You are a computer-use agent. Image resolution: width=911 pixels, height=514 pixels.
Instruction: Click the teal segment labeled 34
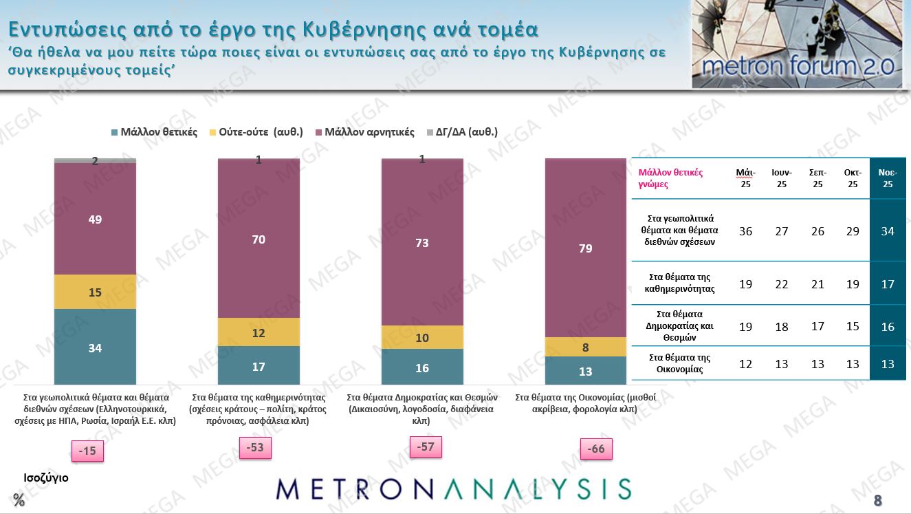point(95,347)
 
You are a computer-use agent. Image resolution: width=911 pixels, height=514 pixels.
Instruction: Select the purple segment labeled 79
point(586,248)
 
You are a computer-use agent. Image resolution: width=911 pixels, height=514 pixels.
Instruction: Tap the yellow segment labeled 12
point(259,332)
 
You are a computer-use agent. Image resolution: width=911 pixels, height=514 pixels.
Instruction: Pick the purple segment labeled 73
point(422,242)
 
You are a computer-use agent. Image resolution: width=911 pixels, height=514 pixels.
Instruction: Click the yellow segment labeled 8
point(586,347)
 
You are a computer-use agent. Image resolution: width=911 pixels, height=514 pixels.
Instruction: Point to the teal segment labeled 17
point(259,365)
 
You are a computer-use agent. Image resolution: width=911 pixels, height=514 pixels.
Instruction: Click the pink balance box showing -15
point(87,451)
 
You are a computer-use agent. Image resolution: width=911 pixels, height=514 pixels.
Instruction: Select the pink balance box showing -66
point(595,449)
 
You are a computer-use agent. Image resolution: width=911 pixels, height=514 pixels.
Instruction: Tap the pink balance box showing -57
point(426,447)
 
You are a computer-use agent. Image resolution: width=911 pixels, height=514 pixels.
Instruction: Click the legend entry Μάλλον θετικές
point(154,132)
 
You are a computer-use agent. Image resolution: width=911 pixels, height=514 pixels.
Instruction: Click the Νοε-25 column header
point(888,178)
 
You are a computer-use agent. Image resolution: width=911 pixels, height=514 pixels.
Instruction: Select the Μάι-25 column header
point(745,178)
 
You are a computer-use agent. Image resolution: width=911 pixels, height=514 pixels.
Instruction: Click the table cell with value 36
point(745,231)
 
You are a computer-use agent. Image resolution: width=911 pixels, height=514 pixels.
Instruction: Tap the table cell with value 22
point(782,283)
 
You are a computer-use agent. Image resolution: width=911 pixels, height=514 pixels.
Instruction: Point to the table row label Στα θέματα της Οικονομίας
point(679,363)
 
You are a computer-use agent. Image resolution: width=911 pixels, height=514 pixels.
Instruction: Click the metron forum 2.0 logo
point(796,45)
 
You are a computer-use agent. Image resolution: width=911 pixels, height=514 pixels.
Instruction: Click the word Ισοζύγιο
point(46,477)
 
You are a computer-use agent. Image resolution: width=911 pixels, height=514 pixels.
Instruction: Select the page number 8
point(877,500)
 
